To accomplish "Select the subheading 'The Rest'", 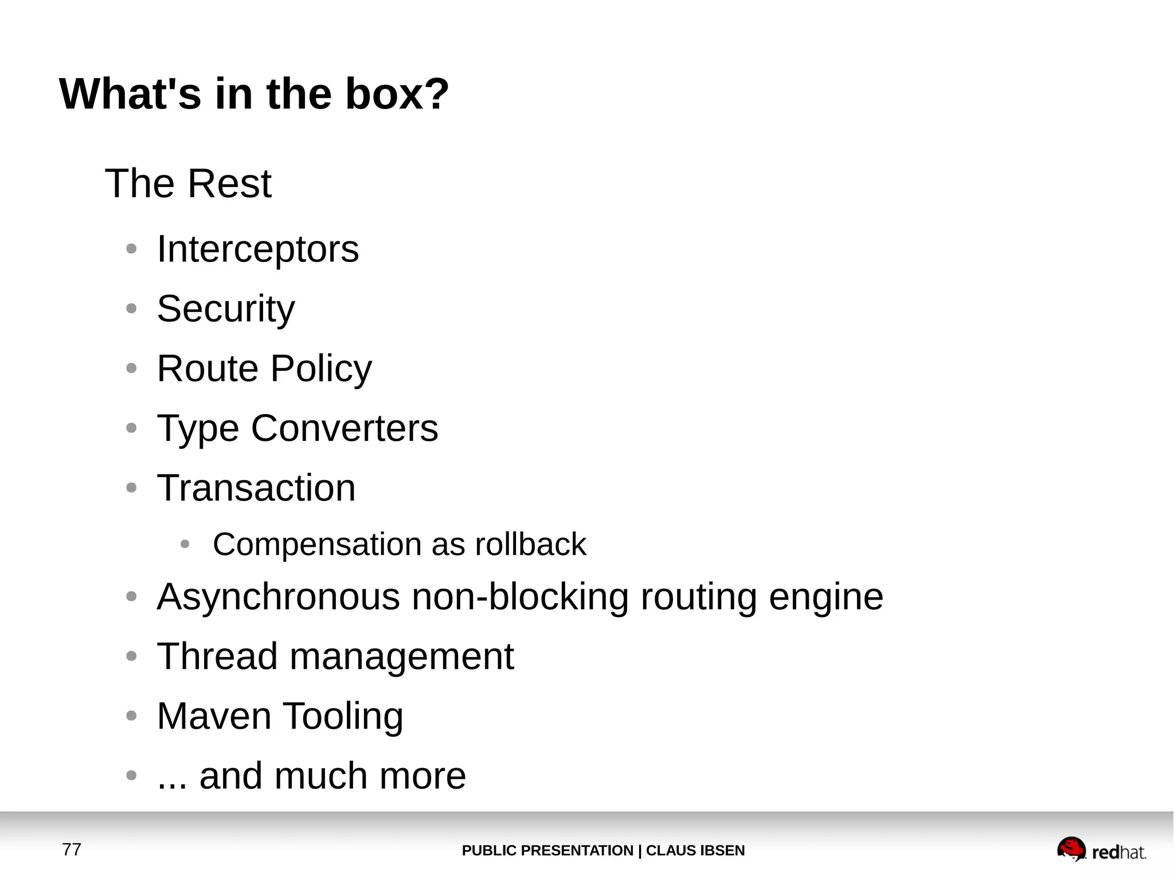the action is click(188, 183).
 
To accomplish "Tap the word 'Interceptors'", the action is click(258, 249).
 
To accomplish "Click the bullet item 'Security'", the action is click(226, 309).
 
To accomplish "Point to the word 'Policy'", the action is click(321, 369).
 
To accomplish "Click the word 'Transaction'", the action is click(256, 488).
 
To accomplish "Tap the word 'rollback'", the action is click(530, 544).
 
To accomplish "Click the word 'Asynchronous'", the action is click(278, 597).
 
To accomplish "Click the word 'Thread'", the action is click(217, 656).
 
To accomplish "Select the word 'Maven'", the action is click(214, 716).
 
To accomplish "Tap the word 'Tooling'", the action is click(343, 717).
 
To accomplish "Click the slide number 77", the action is click(72, 849).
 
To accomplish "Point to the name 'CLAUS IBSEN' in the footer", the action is click(695, 850).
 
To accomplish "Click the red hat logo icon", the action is click(1071, 849).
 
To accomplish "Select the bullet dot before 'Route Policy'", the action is click(131, 369).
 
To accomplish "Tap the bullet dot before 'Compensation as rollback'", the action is click(185, 544).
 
